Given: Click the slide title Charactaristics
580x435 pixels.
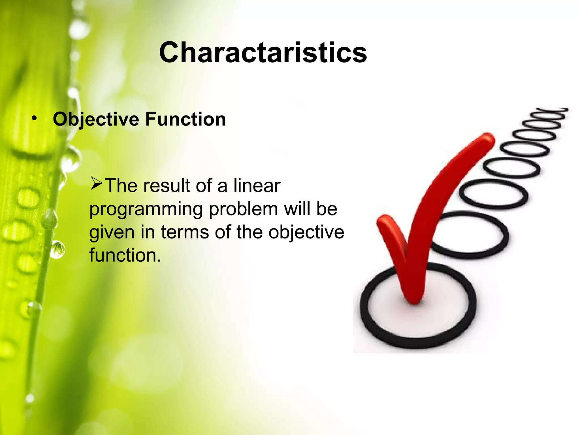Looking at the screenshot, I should point(263,53).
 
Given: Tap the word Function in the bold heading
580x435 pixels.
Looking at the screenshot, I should point(185,119).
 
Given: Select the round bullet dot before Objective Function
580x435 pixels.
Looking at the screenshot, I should point(34,118).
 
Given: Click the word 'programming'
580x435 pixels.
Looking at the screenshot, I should point(146,210).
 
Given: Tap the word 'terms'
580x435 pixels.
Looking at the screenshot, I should point(185,232).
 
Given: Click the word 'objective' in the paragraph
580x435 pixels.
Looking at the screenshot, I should point(306,232).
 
